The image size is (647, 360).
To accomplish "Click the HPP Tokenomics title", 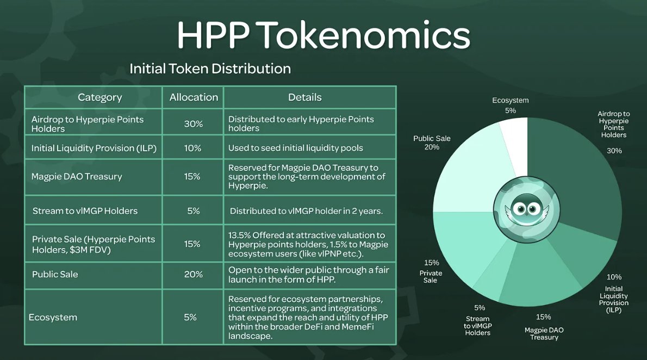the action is coord(323,35).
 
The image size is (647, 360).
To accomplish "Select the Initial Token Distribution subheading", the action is coord(210,69).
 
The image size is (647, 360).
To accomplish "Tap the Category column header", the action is coord(100,97).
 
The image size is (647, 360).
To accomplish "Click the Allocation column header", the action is coord(194,97).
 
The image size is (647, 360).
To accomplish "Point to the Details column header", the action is coord(304,97).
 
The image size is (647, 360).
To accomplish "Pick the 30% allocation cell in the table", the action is coord(193,124).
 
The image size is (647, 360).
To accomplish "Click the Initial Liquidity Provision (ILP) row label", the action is coord(94,148).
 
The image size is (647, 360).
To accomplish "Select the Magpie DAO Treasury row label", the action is coord(77,177).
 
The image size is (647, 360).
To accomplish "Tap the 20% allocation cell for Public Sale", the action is coord(193,275).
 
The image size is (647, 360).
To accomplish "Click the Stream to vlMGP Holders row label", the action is coord(85,211).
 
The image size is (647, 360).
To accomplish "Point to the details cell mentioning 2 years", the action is coord(306,211).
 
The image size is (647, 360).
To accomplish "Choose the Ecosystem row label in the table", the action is coord(53,318).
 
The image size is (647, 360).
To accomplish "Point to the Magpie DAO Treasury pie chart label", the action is coord(544,333).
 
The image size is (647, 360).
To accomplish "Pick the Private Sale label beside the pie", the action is coord(431,277).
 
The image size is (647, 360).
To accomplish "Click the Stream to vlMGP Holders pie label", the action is coord(477,326).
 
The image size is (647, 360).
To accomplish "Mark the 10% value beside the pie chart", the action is coord(614,277).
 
